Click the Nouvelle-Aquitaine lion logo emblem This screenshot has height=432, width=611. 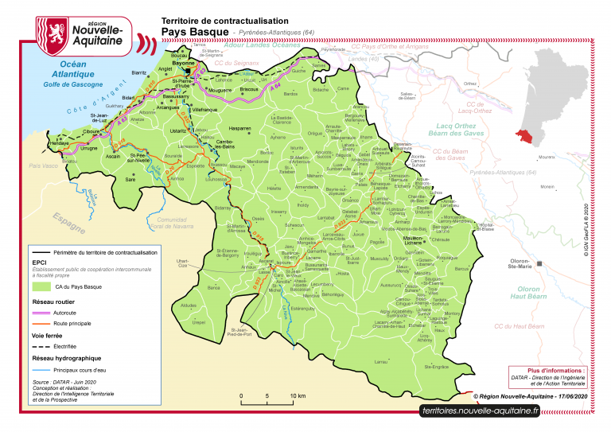tap(54, 32)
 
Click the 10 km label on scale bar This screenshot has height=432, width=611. tap(298, 396)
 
